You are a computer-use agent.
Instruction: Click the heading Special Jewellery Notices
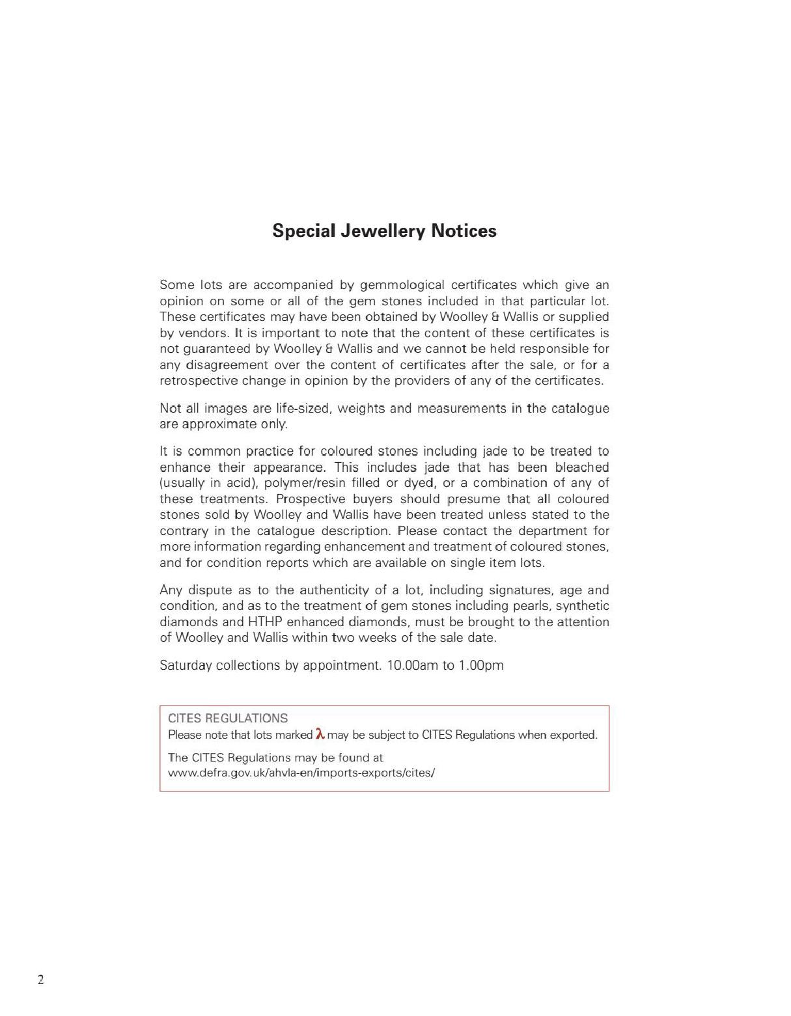click(x=384, y=231)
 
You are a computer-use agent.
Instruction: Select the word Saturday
click(x=186, y=665)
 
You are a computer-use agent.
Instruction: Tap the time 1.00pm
click(x=481, y=665)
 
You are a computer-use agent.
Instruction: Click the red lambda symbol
click(x=320, y=734)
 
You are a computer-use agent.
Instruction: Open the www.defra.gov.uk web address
click(x=301, y=773)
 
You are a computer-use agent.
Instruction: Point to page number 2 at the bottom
click(x=41, y=980)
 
